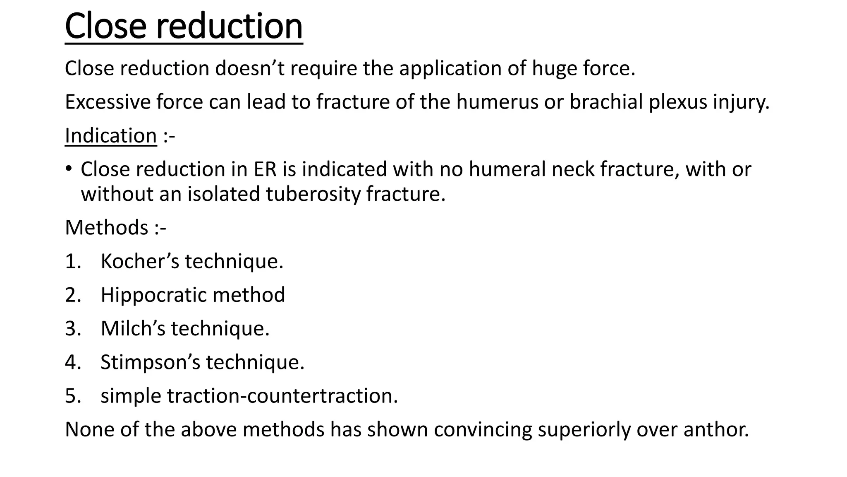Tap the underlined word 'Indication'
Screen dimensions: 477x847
[x=111, y=136]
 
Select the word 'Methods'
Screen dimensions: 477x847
[x=107, y=228]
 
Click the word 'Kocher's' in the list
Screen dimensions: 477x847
[x=140, y=261]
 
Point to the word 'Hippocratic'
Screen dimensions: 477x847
[x=153, y=295]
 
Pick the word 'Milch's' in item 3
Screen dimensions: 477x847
[x=133, y=328]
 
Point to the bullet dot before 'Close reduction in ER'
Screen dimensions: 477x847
[x=68, y=169]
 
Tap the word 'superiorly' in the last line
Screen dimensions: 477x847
[x=584, y=429]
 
